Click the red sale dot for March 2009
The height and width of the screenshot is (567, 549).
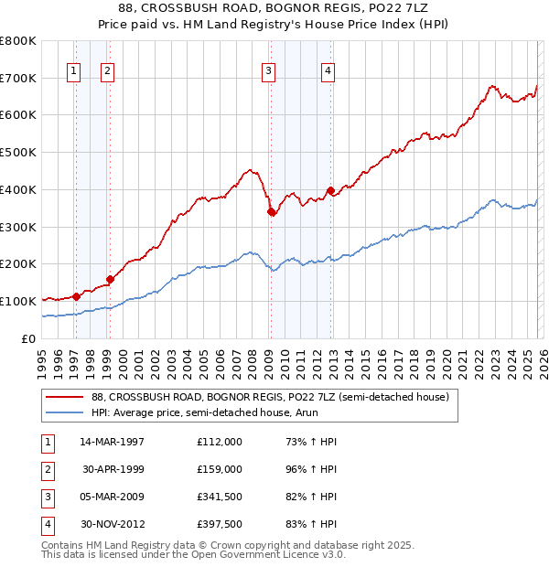271,211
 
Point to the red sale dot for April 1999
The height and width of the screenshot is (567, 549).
110,279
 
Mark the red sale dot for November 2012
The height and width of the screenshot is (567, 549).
330,190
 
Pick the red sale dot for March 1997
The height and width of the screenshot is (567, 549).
76,296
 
